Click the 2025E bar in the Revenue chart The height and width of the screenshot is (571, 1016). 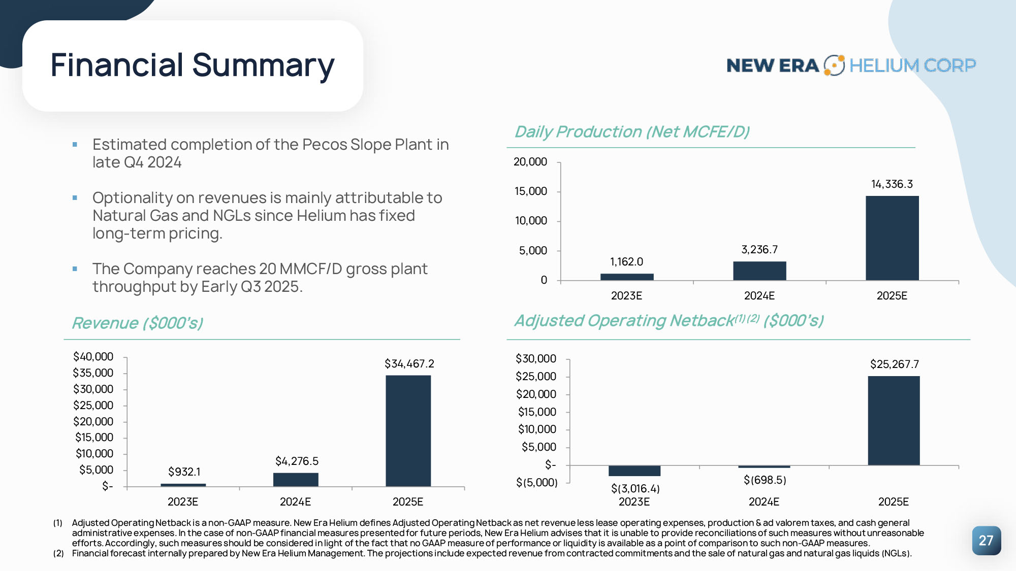pos(408,431)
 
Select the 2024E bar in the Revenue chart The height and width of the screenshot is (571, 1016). pos(296,480)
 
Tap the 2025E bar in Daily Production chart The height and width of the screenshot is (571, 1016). pos(892,238)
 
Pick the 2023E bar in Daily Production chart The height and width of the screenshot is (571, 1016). pos(627,277)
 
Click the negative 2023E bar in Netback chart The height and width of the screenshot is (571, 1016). pos(634,471)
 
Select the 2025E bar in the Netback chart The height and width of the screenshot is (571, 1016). pos(894,421)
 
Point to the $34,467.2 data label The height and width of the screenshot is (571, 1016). pos(409,363)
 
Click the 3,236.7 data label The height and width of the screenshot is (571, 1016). pos(759,250)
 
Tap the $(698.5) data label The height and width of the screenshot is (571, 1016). pos(765,480)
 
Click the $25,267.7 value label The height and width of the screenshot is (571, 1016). pos(894,364)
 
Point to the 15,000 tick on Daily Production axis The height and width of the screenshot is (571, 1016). pos(531,191)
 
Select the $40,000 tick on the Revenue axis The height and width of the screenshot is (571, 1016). pos(93,357)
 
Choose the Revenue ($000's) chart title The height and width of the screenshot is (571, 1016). pos(138,323)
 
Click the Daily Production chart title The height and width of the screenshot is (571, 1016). pos(632,132)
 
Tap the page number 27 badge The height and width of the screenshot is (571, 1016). pos(986,541)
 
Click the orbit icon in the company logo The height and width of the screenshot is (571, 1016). pos(834,65)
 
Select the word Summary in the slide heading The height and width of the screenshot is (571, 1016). pos(263,65)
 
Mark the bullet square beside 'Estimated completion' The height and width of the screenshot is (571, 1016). pos(75,145)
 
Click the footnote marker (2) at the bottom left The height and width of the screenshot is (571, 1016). pos(58,553)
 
